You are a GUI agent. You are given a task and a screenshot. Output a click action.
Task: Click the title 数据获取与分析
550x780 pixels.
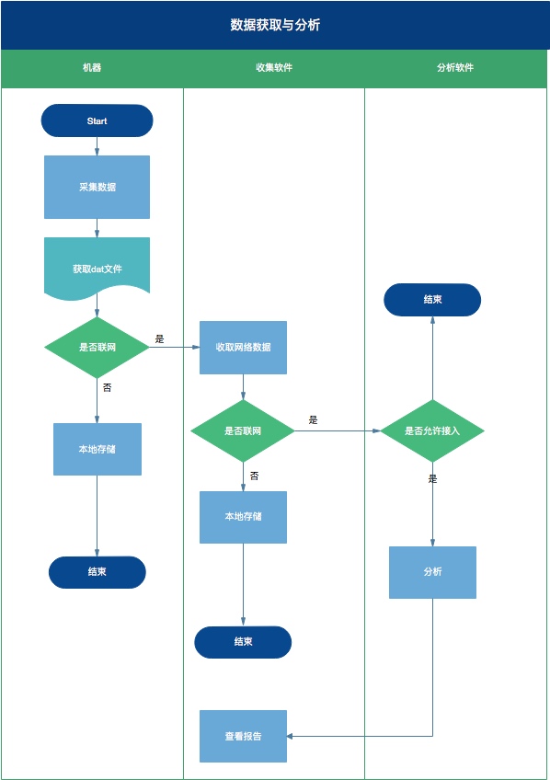tap(275, 25)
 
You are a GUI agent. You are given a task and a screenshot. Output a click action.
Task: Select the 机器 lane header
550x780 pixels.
tap(92, 68)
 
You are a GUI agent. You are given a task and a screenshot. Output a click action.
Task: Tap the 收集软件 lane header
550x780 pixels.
tap(274, 68)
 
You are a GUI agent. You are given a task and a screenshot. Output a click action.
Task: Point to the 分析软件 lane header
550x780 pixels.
tap(455, 68)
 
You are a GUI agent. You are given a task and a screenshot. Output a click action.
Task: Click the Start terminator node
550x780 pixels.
tap(97, 120)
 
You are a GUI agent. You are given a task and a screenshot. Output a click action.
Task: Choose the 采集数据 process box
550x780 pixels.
tap(97, 187)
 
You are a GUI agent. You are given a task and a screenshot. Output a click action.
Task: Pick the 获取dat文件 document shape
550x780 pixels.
tap(97, 269)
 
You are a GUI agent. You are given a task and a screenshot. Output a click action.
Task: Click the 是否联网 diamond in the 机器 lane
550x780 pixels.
tap(97, 347)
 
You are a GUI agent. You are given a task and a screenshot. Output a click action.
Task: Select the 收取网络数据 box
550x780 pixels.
tap(243, 347)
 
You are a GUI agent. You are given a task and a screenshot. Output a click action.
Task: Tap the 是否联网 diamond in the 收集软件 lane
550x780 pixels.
tap(243, 430)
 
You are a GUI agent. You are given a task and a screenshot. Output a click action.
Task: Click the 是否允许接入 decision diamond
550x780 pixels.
tap(432, 430)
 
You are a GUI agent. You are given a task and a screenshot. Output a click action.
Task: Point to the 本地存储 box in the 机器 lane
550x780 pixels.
tap(97, 449)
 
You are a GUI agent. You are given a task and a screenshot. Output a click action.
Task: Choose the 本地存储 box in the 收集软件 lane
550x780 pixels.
tap(243, 517)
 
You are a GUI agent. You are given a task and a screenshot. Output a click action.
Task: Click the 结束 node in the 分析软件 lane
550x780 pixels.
tap(432, 300)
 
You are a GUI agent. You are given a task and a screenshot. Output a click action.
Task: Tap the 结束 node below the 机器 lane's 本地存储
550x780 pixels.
tap(97, 572)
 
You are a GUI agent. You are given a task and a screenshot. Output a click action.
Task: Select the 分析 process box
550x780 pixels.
tap(432, 572)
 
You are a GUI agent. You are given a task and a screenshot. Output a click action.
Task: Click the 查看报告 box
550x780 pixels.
tap(243, 736)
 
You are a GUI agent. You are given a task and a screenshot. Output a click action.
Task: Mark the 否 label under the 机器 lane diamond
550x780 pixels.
tap(107, 387)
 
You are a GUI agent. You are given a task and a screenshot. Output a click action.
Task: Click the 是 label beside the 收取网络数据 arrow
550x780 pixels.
tap(159, 339)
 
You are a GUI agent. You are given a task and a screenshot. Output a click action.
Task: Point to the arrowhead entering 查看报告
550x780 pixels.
tap(290, 736)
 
